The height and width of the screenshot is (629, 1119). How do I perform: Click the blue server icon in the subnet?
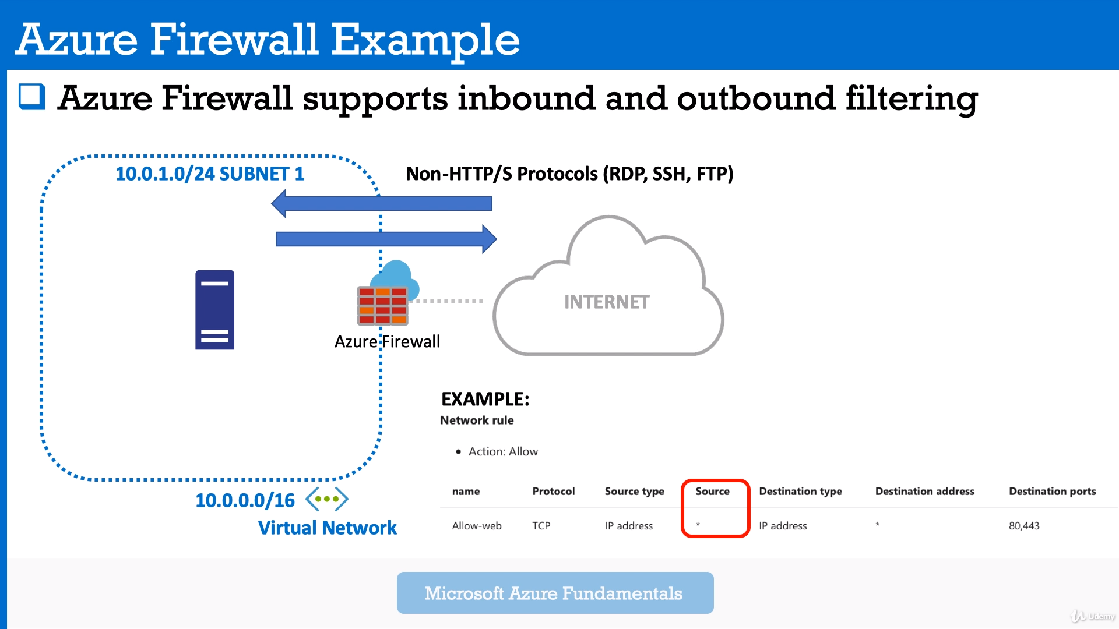(x=214, y=309)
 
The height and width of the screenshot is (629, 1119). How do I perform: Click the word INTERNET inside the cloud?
(x=606, y=302)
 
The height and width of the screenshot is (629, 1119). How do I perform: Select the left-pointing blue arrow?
(x=382, y=203)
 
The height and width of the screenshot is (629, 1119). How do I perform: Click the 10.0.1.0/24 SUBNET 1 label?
(x=210, y=174)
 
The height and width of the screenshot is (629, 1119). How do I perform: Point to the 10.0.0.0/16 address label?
(x=245, y=500)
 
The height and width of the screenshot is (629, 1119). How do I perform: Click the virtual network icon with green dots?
(x=327, y=499)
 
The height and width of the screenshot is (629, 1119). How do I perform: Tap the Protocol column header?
(x=553, y=491)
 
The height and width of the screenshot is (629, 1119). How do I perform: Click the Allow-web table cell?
(x=477, y=526)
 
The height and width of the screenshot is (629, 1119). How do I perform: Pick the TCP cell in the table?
(x=541, y=526)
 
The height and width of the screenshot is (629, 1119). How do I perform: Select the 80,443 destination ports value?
(x=1024, y=526)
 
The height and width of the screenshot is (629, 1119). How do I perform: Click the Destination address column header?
(x=924, y=491)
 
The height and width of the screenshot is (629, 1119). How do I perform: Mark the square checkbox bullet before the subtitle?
(x=32, y=97)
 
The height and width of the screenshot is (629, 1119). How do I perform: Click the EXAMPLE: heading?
(x=485, y=399)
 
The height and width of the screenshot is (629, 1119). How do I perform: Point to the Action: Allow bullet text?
(x=503, y=451)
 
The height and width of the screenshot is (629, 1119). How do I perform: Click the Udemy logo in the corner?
(x=1093, y=616)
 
